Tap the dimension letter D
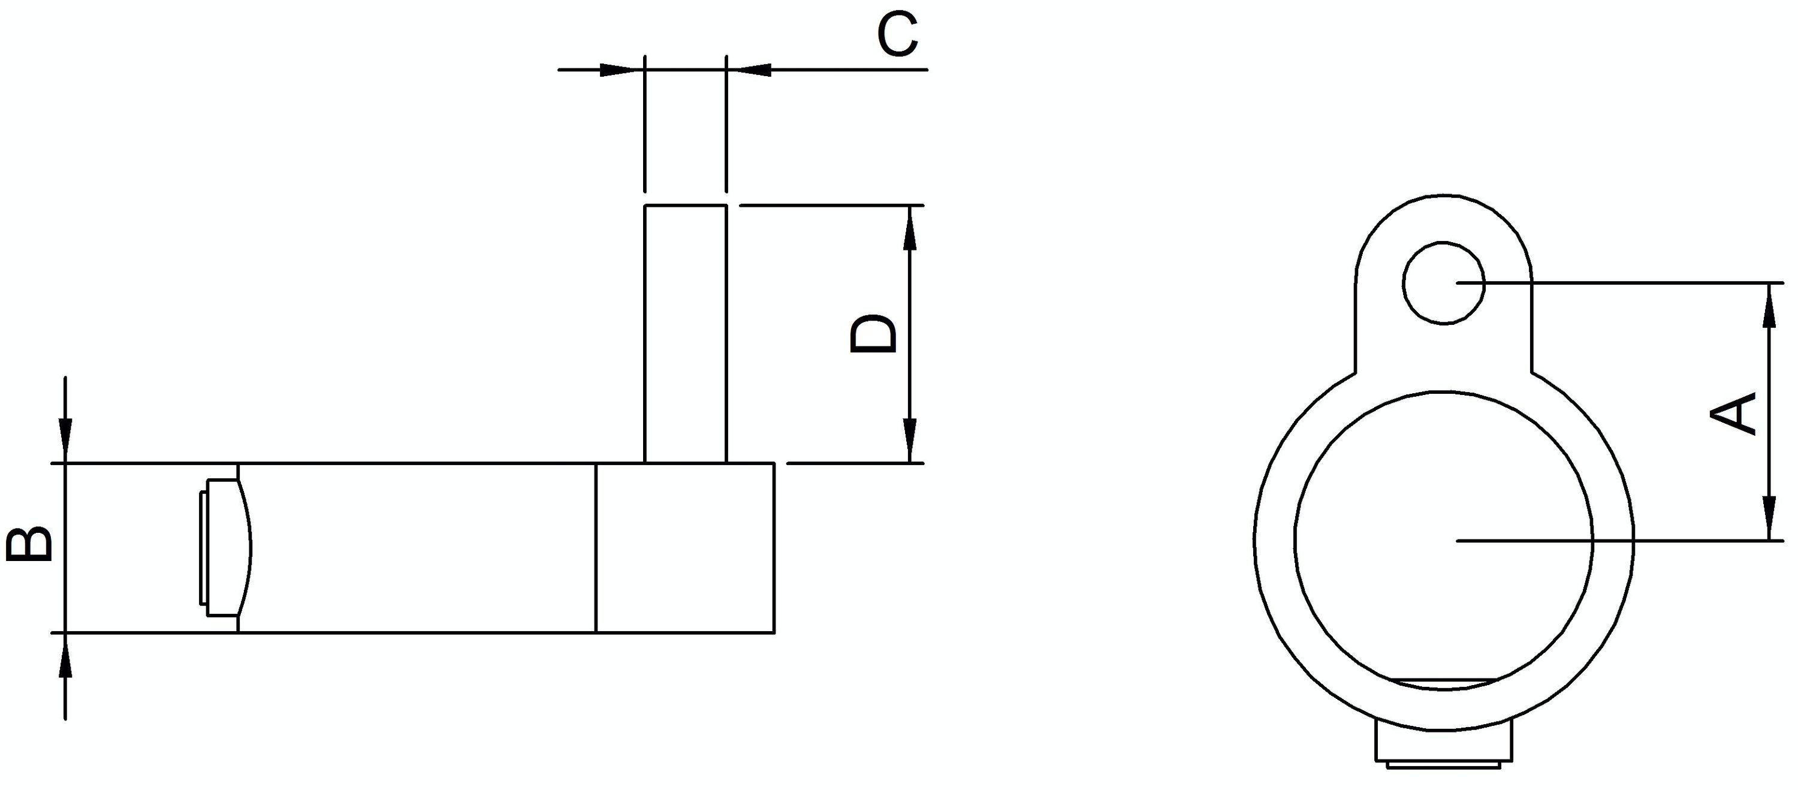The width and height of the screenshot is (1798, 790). coord(873,335)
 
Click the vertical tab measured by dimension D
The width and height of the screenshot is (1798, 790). coord(686,334)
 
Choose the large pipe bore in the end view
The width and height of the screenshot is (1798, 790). coord(1444,540)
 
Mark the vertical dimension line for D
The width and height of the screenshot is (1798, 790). coord(909,334)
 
